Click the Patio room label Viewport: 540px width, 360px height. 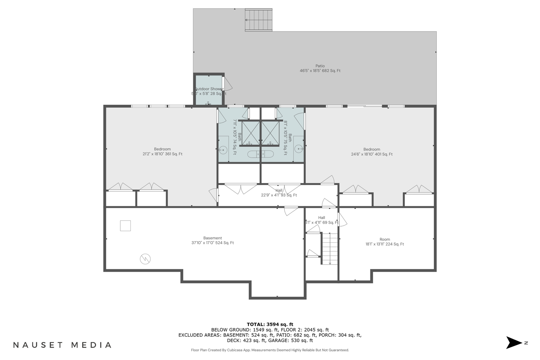point(320,68)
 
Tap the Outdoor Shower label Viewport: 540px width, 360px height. point(209,91)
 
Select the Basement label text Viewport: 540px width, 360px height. point(212,240)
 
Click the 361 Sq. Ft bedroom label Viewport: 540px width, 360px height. point(162,151)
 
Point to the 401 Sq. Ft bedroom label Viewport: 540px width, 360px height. point(372,152)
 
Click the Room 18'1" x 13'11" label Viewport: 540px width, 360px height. point(385,242)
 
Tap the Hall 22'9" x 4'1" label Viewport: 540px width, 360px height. point(279,193)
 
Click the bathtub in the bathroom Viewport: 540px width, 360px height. point(260,154)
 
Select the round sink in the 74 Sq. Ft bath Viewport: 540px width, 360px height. point(223,149)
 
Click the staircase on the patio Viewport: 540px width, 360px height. point(259,20)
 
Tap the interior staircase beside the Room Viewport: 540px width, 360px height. point(330,249)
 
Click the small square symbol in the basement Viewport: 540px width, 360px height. point(125,226)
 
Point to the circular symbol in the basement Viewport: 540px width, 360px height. point(145,259)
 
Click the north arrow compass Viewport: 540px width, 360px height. point(514,343)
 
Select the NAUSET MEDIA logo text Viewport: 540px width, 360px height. point(62,345)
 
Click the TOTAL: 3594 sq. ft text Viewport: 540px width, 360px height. point(270,324)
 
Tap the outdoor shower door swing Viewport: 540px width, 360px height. point(228,84)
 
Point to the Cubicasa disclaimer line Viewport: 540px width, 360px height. point(270,350)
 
